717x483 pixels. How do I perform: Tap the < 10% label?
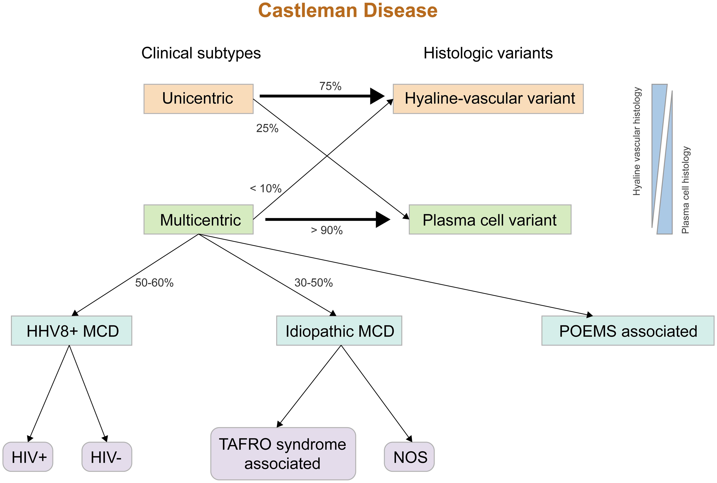266,189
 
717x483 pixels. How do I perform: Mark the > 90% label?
327,230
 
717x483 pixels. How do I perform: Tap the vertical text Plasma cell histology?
686,190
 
